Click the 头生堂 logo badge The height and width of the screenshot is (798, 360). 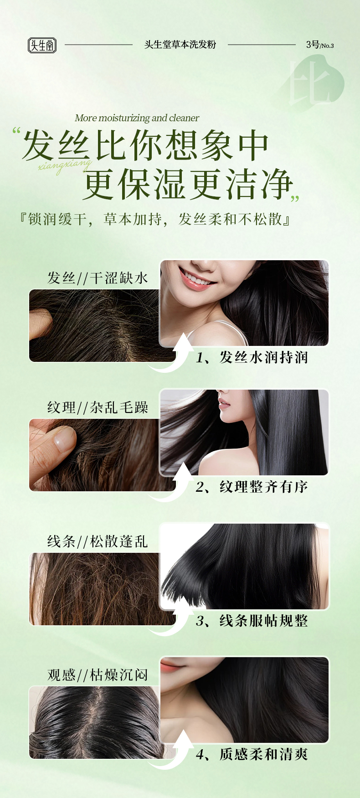pos(42,45)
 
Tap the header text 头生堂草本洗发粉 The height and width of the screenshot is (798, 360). pos(180,45)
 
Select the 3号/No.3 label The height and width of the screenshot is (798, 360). pos(320,45)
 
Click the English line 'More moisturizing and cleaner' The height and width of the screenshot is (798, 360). pos(137,118)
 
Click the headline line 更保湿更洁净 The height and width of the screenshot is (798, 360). pos(187,184)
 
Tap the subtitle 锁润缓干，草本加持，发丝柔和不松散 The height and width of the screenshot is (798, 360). pos(154,219)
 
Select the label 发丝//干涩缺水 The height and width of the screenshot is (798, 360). pos(98,278)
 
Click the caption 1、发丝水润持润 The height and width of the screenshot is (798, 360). pos(252,357)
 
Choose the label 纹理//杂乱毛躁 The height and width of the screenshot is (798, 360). pos(98,407)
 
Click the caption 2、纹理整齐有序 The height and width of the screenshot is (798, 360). pos(252,487)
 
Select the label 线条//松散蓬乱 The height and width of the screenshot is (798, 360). pos(98,541)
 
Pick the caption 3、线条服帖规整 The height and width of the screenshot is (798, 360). pos(252,621)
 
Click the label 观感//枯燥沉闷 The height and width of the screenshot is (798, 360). pos(98,675)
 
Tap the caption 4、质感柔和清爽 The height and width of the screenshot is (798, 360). pos(252,754)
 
